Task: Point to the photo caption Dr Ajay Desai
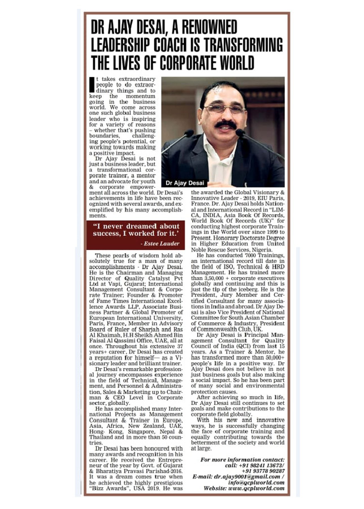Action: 184,183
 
